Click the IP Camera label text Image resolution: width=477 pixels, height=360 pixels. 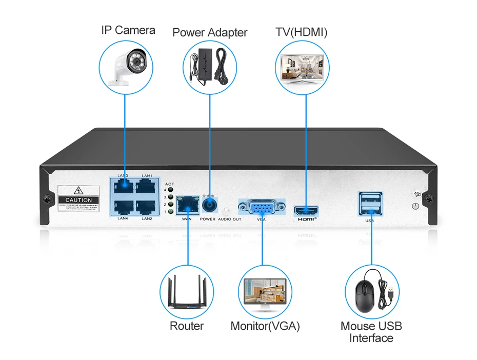coord(128,30)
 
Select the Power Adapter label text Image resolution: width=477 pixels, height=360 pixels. coord(210,33)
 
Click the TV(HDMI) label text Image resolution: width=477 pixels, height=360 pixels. coord(302,32)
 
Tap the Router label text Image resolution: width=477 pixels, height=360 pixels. coord(187,326)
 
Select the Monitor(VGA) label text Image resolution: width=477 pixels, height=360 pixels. coord(265,326)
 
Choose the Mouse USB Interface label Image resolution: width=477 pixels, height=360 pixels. coord(371,332)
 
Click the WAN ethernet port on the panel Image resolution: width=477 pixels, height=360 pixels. coord(186,205)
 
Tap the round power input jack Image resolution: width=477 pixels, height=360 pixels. coord(208,205)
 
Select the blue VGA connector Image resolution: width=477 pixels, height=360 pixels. coord(262,208)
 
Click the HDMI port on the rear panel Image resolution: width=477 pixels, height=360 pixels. coord(306,210)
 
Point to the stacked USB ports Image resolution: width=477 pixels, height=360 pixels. coord(370,202)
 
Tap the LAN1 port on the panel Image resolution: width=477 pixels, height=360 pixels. coord(147,187)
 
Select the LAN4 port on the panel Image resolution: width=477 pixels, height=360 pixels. coord(123,207)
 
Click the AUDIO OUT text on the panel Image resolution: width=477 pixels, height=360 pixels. coord(229,219)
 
